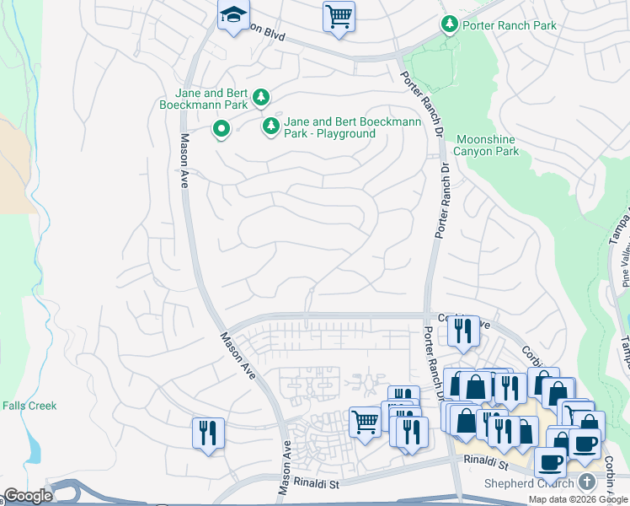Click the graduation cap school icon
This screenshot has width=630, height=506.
pyautogui.click(x=233, y=15)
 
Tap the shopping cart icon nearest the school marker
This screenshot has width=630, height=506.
pyautogui.click(x=339, y=16)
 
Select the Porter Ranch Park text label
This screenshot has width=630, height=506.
pyautogui.click(x=510, y=25)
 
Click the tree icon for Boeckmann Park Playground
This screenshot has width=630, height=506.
pyautogui.click(x=270, y=126)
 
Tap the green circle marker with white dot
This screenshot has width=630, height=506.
pyautogui.click(x=222, y=129)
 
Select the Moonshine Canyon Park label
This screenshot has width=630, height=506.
pyautogui.click(x=487, y=145)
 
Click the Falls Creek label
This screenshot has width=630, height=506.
pyautogui.click(x=29, y=406)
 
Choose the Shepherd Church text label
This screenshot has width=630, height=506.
pyautogui.click(x=527, y=483)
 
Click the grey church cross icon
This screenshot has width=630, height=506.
pyautogui.click(x=587, y=482)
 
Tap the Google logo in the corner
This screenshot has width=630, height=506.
pyautogui.click(x=28, y=496)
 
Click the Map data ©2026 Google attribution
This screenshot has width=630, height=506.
pyautogui.click(x=579, y=499)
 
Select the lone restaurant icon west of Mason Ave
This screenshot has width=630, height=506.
pyautogui.click(x=208, y=433)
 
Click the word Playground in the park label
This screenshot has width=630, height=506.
pyautogui.click(x=341, y=133)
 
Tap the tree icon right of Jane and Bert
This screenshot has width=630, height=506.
pyautogui.click(x=262, y=98)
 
